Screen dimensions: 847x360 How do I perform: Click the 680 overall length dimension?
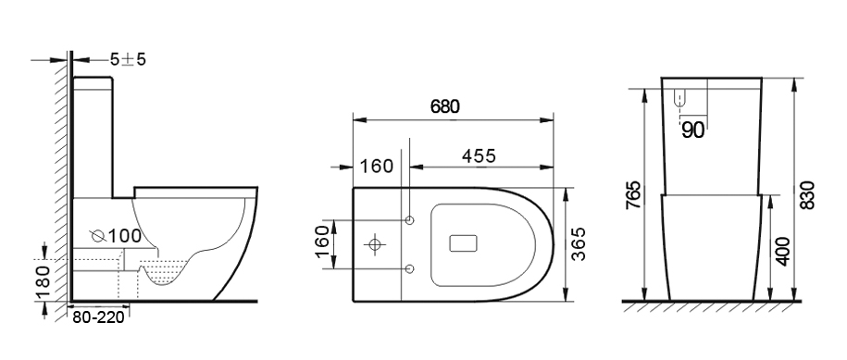[445, 106]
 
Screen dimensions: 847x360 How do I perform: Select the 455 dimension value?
[479, 155]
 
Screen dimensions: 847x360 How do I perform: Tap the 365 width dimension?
[579, 244]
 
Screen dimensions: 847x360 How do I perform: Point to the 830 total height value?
[807, 195]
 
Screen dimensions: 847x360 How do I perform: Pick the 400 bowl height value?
[783, 251]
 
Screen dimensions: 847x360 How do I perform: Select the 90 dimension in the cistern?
[693, 130]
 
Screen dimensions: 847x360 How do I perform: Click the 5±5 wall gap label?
[128, 59]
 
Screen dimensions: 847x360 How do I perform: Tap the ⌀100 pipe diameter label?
[116, 236]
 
